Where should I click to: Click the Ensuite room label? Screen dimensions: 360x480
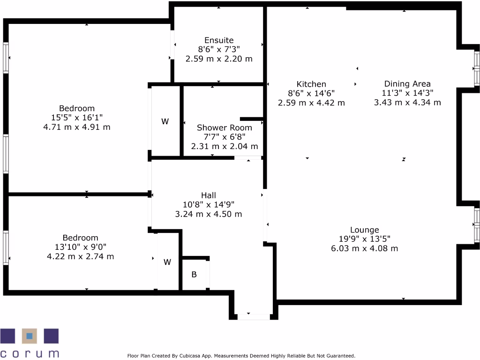(x=218, y=40)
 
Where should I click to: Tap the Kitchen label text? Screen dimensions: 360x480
(x=311, y=84)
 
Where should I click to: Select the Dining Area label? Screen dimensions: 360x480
(x=407, y=84)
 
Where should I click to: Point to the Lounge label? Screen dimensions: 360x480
(x=364, y=230)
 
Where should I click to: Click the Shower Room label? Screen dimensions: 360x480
(x=224, y=127)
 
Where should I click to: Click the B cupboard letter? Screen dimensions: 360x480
(x=194, y=274)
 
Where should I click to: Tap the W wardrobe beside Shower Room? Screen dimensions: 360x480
(x=165, y=121)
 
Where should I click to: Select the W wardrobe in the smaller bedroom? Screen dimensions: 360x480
(x=167, y=262)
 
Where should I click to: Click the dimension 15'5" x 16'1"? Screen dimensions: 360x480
(x=77, y=118)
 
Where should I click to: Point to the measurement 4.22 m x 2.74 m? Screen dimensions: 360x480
(x=80, y=256)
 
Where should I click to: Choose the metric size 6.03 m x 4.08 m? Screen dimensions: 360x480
(x=364, y=248)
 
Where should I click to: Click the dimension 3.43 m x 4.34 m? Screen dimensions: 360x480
(x=407, y=102)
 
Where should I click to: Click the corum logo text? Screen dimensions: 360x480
(x=30, y=353)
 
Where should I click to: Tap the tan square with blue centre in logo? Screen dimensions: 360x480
(x=30, y=336)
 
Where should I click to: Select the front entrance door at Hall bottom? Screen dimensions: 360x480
(x=254, y=317)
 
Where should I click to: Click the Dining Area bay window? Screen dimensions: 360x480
(x=477, y=69)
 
